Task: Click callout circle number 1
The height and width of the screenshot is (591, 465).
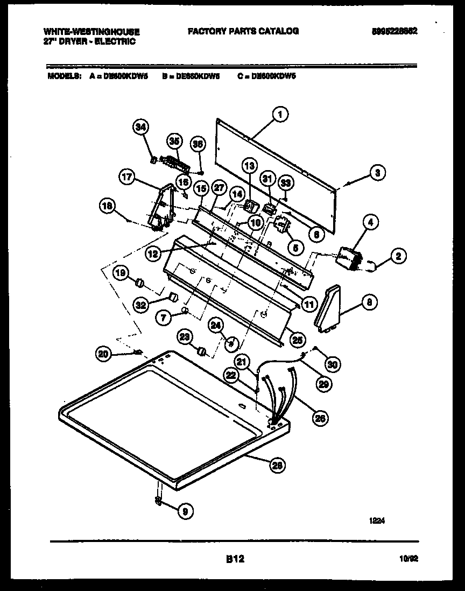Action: pos(279,114)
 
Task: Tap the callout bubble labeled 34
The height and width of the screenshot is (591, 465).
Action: pos(140,127)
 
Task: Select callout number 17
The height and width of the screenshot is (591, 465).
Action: pos(126,177)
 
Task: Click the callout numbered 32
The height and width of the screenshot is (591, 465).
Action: pos(142,305)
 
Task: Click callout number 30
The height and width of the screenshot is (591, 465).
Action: pos(333,364)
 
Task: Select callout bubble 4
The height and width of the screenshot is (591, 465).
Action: pos(370,221)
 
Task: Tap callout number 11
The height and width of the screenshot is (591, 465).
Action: pos(308,305)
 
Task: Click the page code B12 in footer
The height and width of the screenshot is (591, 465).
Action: pos(235,559)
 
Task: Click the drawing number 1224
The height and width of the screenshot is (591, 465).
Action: pos(377,520)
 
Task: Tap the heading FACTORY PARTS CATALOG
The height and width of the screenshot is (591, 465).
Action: pos(243,31)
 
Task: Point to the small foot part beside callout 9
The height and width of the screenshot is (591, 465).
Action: pos(158,502)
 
